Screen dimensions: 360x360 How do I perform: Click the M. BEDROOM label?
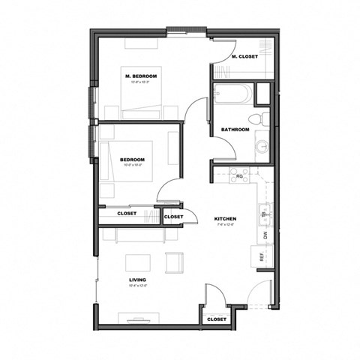(141, 76)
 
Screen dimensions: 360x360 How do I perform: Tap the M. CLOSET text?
(244, 57)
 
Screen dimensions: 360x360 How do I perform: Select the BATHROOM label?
(235, 130)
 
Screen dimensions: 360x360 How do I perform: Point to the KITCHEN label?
(225, 219)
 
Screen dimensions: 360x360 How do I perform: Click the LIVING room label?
(136, 280)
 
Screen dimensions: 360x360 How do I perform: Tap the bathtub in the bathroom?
(232, 95)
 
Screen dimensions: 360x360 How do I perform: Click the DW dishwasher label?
(265, 235)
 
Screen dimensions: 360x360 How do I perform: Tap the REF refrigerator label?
(262, 256)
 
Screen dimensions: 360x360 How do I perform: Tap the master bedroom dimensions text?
(141, 83)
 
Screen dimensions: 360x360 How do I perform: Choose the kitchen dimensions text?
(225, 225)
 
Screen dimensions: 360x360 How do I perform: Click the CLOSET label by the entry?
(217, 319)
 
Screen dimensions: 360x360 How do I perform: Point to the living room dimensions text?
(136, 286)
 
